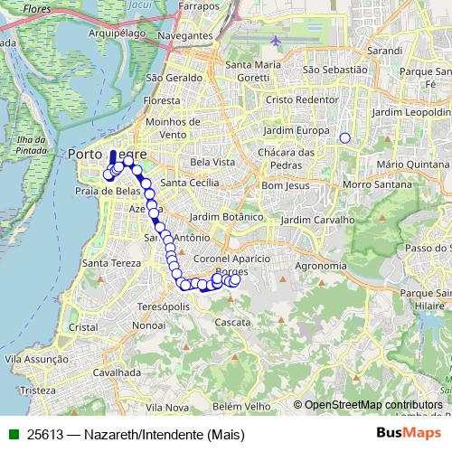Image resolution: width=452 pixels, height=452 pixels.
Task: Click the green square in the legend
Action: tap(14, 434)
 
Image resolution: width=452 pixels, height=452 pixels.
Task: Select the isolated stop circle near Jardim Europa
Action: tap(344, 137)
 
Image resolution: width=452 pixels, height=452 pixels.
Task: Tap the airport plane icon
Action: tap(275, 41)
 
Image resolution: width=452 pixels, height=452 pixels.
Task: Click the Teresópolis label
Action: tap(163, 306)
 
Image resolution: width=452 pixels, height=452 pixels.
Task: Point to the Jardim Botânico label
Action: tap(227, 217)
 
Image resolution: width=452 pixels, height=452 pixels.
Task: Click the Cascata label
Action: tap(232, 321)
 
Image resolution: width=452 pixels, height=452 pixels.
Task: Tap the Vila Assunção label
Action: tap(37, 359)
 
